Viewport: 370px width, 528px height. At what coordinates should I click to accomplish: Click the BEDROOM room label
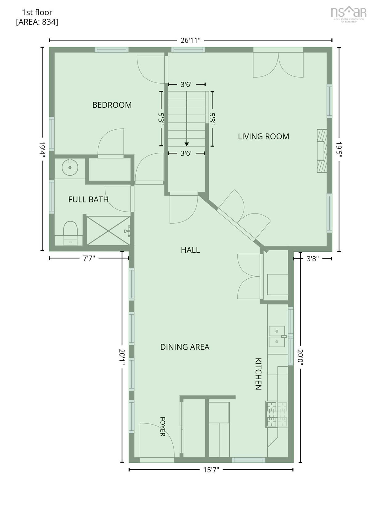click(112, 105)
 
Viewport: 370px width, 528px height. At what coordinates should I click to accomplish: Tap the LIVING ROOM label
click(263, 136)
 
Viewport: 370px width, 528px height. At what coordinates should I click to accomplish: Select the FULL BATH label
click(88, 200)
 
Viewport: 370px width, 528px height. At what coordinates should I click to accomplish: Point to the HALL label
click(190, 250)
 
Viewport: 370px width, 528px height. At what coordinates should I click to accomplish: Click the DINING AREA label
click(185, 347)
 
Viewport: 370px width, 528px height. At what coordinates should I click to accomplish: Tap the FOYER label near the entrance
click(162, 427)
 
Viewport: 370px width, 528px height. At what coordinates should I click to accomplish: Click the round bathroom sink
click(70, 167)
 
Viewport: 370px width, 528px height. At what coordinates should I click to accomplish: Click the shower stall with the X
click(108, 230)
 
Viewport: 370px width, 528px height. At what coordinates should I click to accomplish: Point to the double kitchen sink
click(277, 336)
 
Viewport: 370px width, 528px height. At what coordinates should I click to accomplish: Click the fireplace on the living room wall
click(322, 151)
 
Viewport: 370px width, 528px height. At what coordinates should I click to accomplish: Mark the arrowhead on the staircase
click(187, 144)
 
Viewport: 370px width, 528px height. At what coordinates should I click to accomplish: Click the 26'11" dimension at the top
click(190, 40)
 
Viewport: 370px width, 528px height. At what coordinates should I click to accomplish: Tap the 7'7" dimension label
click(89, 258)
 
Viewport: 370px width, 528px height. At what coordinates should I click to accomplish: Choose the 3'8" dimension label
click(313, 259)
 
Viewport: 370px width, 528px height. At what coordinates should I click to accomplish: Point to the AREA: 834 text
click(37, 22)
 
